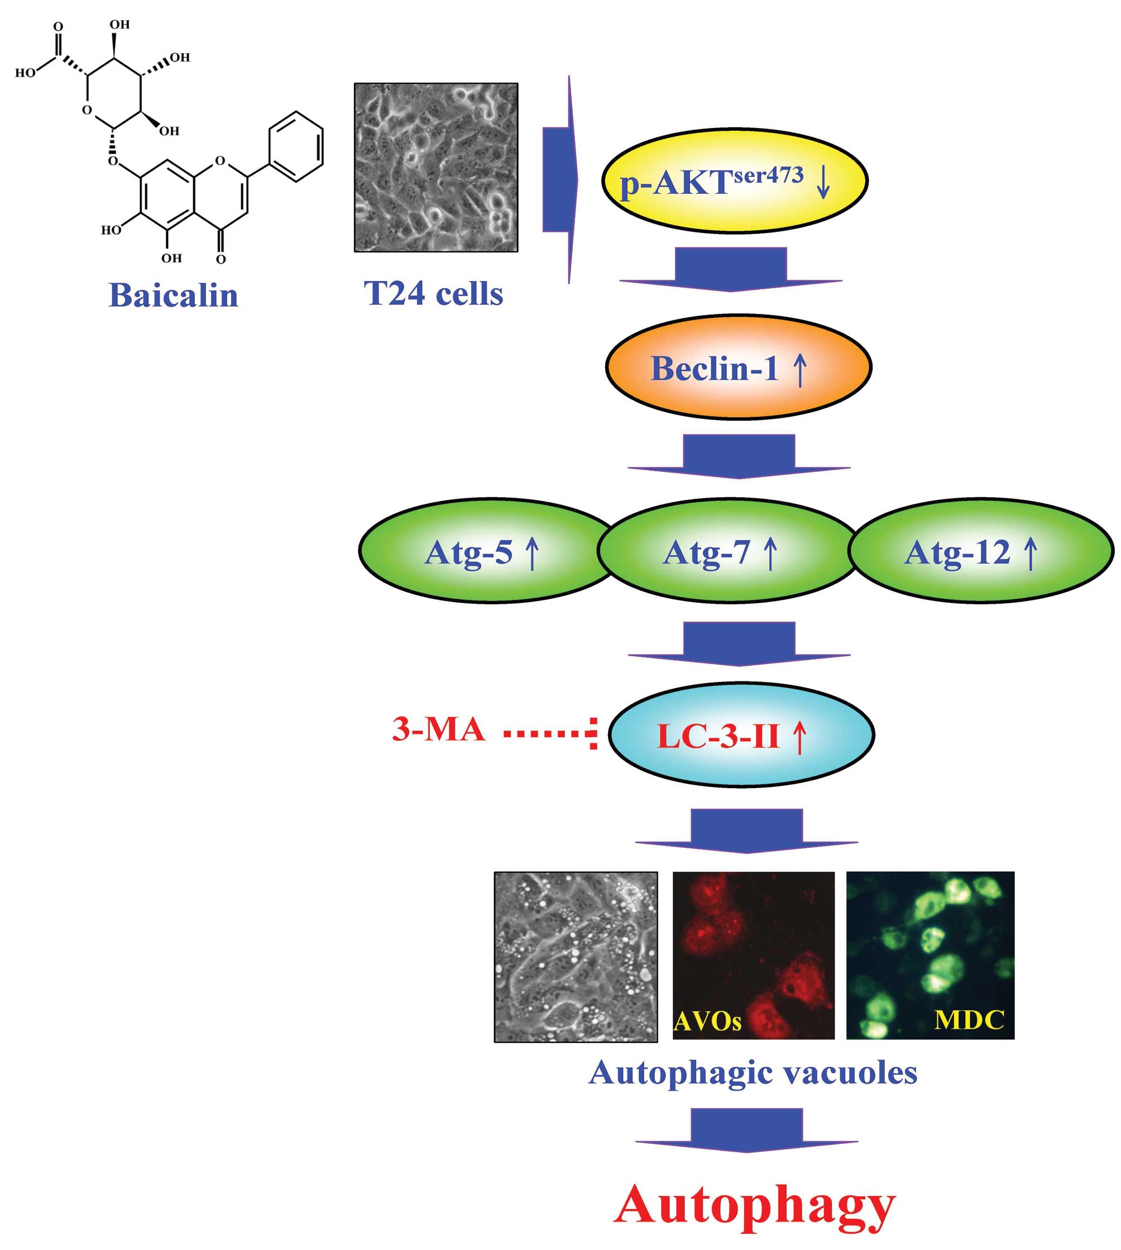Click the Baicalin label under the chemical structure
pos(173,295)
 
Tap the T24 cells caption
pos(434,293)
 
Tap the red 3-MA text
pos(438,730)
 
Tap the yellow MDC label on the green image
pos(969,1019)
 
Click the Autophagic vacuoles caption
pos(753,1072)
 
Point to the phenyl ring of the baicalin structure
pos(296,147)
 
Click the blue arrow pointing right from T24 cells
pos(560,179)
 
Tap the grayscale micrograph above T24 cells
pos(436,168)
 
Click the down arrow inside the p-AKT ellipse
pos(823,183)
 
